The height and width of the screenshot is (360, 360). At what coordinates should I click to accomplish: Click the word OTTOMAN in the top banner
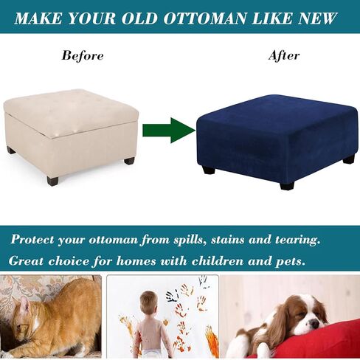click(x=205, y=18)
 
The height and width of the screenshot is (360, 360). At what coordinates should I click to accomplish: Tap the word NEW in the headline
click(x=318, y=18)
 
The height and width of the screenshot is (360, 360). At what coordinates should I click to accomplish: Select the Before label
click(x=83, y=55)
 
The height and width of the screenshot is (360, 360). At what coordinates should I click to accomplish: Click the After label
click(x=284, y=55)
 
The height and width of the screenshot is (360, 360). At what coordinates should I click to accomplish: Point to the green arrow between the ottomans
click(x=169, y=131)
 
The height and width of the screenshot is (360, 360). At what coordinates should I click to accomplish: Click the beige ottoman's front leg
click(x=52, y=181)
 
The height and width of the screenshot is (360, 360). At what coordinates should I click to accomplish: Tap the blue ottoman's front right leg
click(x=287, y=184)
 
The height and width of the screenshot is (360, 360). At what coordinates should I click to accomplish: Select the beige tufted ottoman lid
click(x=71, y=112)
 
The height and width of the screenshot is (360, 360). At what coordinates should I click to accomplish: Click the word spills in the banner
click(x=190, y=240)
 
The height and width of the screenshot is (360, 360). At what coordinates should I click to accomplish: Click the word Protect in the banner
click(x=32, y=239)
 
